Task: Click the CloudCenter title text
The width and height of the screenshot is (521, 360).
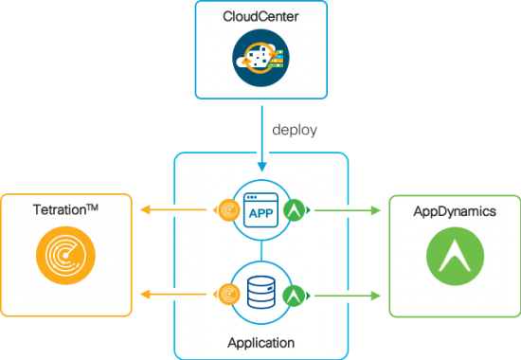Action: coord(260,17)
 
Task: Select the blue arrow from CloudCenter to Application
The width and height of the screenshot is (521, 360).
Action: coord(260,137)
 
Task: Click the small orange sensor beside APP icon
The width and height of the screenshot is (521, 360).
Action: coord(227,209)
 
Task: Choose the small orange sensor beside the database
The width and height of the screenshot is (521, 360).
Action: coord(227,295)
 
